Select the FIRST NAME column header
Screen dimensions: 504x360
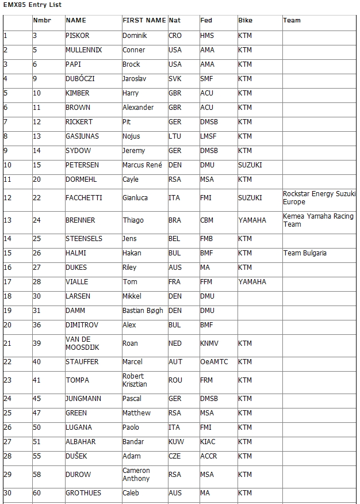pyautogui.click(x=144, y=20)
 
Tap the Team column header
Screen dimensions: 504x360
pyautogui.click(x=292, y=20)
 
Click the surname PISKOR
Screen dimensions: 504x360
pyautogui.click(x=78, y=36)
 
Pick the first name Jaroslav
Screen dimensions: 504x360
pyautogui.click(x=135, y=79)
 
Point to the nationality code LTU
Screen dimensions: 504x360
pyautogui.click(x=175, y=136)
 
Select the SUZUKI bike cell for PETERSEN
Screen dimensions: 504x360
pyautogui.click(x=250, y=165)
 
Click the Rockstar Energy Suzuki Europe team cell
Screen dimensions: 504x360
pyautogui.click(x=319, y=198)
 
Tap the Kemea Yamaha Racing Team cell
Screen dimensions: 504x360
pyautogui.click(x=318, y=220)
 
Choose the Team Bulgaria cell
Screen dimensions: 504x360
pyautogui.click(x=305, y=253)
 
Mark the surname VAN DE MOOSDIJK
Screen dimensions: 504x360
pyautogui.click(x=78, y=343)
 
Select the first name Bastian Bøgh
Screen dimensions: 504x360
pyautogui.click(x=143, y=311)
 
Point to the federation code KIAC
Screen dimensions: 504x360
pyautogui.click(x=208, y=442)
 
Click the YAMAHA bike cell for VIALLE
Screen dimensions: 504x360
pyautogui.click(x=252, y=282)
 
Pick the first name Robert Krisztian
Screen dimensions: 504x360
pyautogui.click(x=134, y=380)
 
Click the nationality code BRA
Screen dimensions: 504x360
pyautogui.click(x=175, y=220)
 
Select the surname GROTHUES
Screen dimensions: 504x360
pyautogui.click(x=83, y=493)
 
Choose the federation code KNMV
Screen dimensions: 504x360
pyautogui.click(x=209, y=343)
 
